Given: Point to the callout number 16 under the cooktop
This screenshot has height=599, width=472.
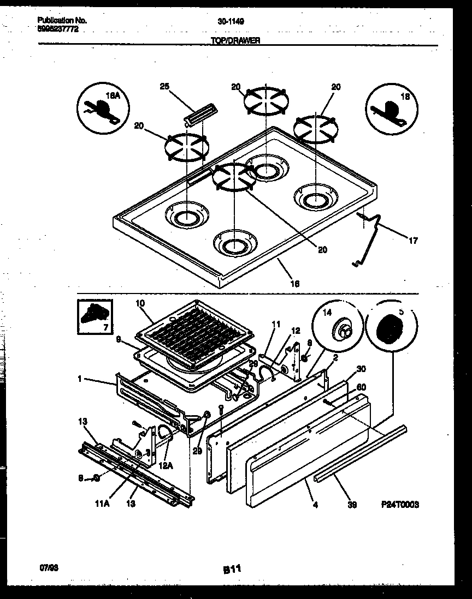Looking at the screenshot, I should tap(296, 284).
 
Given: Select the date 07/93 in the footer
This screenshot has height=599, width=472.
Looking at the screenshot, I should tap(48, 567).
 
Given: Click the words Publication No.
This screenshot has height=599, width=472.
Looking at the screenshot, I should tap(62, 21).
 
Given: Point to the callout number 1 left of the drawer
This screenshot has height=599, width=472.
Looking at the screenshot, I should tap(81, 378).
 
